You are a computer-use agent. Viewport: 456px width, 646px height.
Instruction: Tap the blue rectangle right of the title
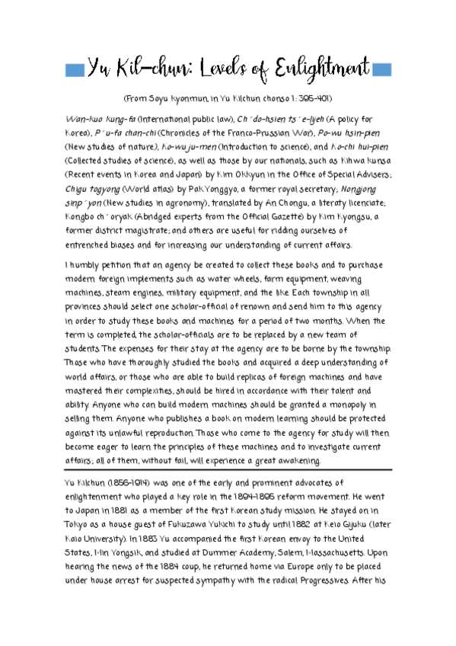pos(381,70)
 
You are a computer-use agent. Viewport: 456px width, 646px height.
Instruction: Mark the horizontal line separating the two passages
pos(228,470)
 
